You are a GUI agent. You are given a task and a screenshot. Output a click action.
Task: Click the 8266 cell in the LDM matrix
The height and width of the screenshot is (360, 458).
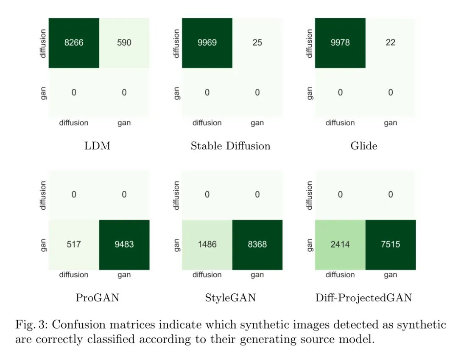point(74,43)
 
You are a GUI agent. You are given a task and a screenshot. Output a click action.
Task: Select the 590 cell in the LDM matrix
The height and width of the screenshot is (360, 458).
point(124,43)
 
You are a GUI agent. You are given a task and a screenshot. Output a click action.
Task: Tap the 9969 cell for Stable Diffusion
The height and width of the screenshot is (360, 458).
point(207,43)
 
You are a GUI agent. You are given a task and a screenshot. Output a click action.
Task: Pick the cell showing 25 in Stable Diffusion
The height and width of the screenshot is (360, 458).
point(257,43)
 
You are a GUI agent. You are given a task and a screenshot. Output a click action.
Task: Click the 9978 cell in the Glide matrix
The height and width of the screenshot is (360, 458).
point(340,43)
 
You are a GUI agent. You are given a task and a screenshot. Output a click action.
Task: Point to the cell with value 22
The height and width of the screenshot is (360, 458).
point(391,43)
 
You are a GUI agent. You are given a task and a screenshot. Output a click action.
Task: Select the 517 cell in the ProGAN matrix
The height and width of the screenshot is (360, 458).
point(74,245)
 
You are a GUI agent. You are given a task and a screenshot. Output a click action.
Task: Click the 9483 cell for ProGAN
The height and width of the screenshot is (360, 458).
point(124,245)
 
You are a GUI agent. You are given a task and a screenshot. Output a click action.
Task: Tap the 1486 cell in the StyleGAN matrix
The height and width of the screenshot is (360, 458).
point(207,245)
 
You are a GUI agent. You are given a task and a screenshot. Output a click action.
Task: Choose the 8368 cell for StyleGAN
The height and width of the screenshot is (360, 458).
point(257,245)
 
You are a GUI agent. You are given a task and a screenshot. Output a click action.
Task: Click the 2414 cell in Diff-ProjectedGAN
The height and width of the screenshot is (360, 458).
point(340,245)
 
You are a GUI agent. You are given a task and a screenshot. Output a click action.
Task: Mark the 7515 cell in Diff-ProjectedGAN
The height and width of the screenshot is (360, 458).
point(391,245)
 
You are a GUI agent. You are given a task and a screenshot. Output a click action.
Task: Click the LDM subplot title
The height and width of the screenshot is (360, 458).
point(97,146)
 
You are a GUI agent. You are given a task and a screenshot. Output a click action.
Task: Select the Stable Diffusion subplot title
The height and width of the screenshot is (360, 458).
point(230,146)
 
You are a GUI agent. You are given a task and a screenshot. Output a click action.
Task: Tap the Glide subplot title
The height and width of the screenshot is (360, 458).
point(364,146)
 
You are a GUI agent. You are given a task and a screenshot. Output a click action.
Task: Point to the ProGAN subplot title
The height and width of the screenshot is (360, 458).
point(97,298)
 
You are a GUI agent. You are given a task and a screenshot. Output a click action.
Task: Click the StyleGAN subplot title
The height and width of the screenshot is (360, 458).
point(230,298)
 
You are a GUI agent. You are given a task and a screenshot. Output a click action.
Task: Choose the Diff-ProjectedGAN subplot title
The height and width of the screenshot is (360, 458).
point(364,298)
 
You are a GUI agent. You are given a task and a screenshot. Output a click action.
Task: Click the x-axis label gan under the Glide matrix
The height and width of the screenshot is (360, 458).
point(391,123)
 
